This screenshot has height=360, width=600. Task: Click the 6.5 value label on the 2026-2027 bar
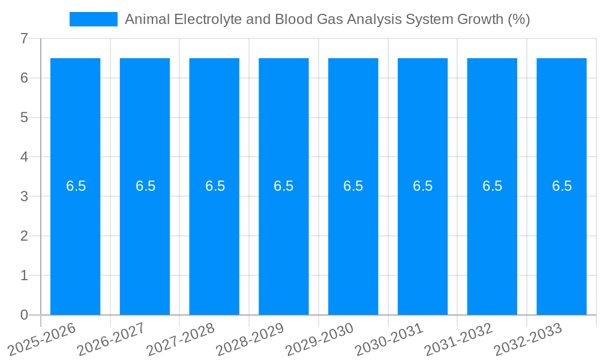pyautogui.click(x=145, y=186)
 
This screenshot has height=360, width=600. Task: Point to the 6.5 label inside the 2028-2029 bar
pyautogui.click(x=284, y=186)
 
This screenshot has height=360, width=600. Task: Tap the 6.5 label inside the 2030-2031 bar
pyautogui.click(x=422, y=186)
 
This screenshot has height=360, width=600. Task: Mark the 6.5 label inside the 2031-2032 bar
pyautogui.click(x=492, y=186)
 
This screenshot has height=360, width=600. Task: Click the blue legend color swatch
pyautogui.click(x=94, y=19)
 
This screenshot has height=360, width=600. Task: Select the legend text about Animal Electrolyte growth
pyautogui.click(x=327, y=19)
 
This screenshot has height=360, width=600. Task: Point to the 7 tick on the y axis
pyautogui.click(x=24, y=38)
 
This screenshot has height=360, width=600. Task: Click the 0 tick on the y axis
pyautogui.click(x=24, y=315)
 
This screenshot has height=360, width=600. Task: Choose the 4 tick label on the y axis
pyautogui.click(x=24, y=157)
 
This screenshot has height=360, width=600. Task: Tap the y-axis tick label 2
pyautogui.click(x=24, y=236)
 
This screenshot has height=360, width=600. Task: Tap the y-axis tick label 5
pyautogui.click(x=24, y=118)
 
